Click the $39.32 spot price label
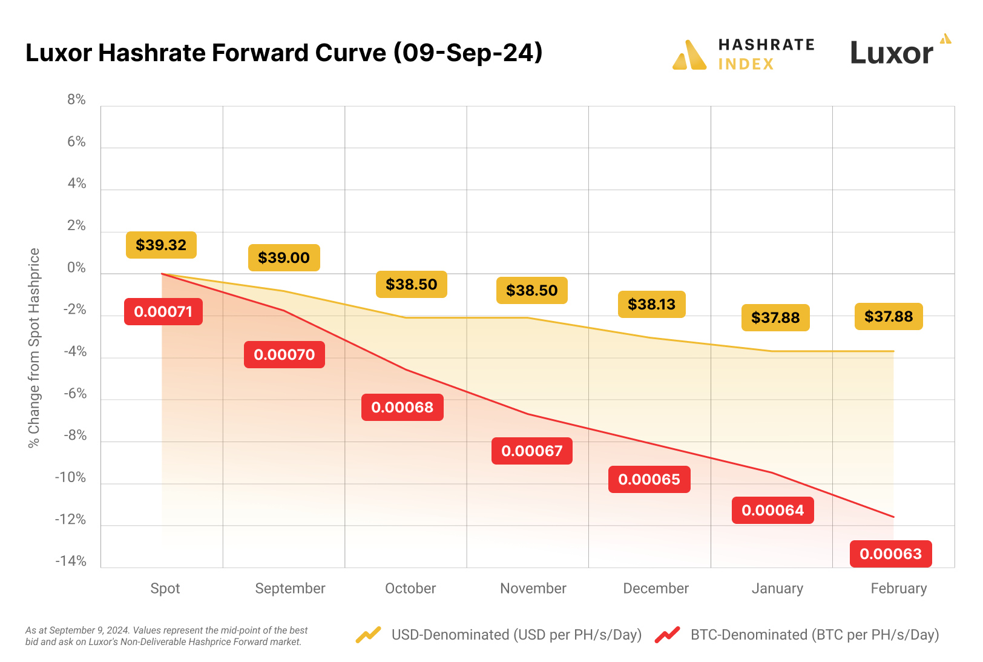(161, 245)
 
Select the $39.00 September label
(284, 257)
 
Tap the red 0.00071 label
(163, 311)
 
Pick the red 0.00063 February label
(890, 554)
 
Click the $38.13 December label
(651, 304)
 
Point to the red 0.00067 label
(532, 451)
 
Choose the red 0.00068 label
(403, 407)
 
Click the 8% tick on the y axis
(76, 99)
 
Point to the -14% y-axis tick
(71, 561)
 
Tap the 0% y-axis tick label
(76, 268)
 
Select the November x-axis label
(533, 588)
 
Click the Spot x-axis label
(165, 588)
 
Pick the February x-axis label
(898, 588)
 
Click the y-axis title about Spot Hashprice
(34, 348)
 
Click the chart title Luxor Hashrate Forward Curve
(284, 53)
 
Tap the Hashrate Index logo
(744, 54)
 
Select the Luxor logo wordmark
(892, 53)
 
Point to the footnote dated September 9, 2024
(166, 635)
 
